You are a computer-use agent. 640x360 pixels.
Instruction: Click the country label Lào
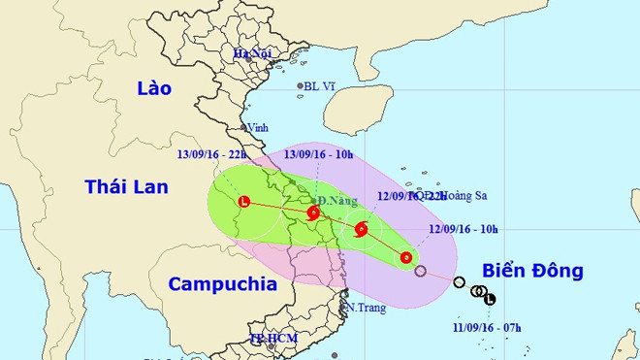154,88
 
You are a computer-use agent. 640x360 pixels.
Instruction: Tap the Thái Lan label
126,186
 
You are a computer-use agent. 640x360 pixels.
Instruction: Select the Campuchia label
222,284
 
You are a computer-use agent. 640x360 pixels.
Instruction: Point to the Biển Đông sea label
532,271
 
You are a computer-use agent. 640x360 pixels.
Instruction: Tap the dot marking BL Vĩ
300,86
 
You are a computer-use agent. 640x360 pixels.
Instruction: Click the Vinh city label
257,127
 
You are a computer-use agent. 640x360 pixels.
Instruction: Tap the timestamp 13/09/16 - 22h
211,154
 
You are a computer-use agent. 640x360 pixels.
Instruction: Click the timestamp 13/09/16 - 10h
317,154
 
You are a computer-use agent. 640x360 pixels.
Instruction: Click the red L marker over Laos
243,202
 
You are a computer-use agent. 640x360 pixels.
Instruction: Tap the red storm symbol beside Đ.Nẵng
312,213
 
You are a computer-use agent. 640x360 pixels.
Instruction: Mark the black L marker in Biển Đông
490,299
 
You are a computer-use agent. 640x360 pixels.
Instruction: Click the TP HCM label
271,339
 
